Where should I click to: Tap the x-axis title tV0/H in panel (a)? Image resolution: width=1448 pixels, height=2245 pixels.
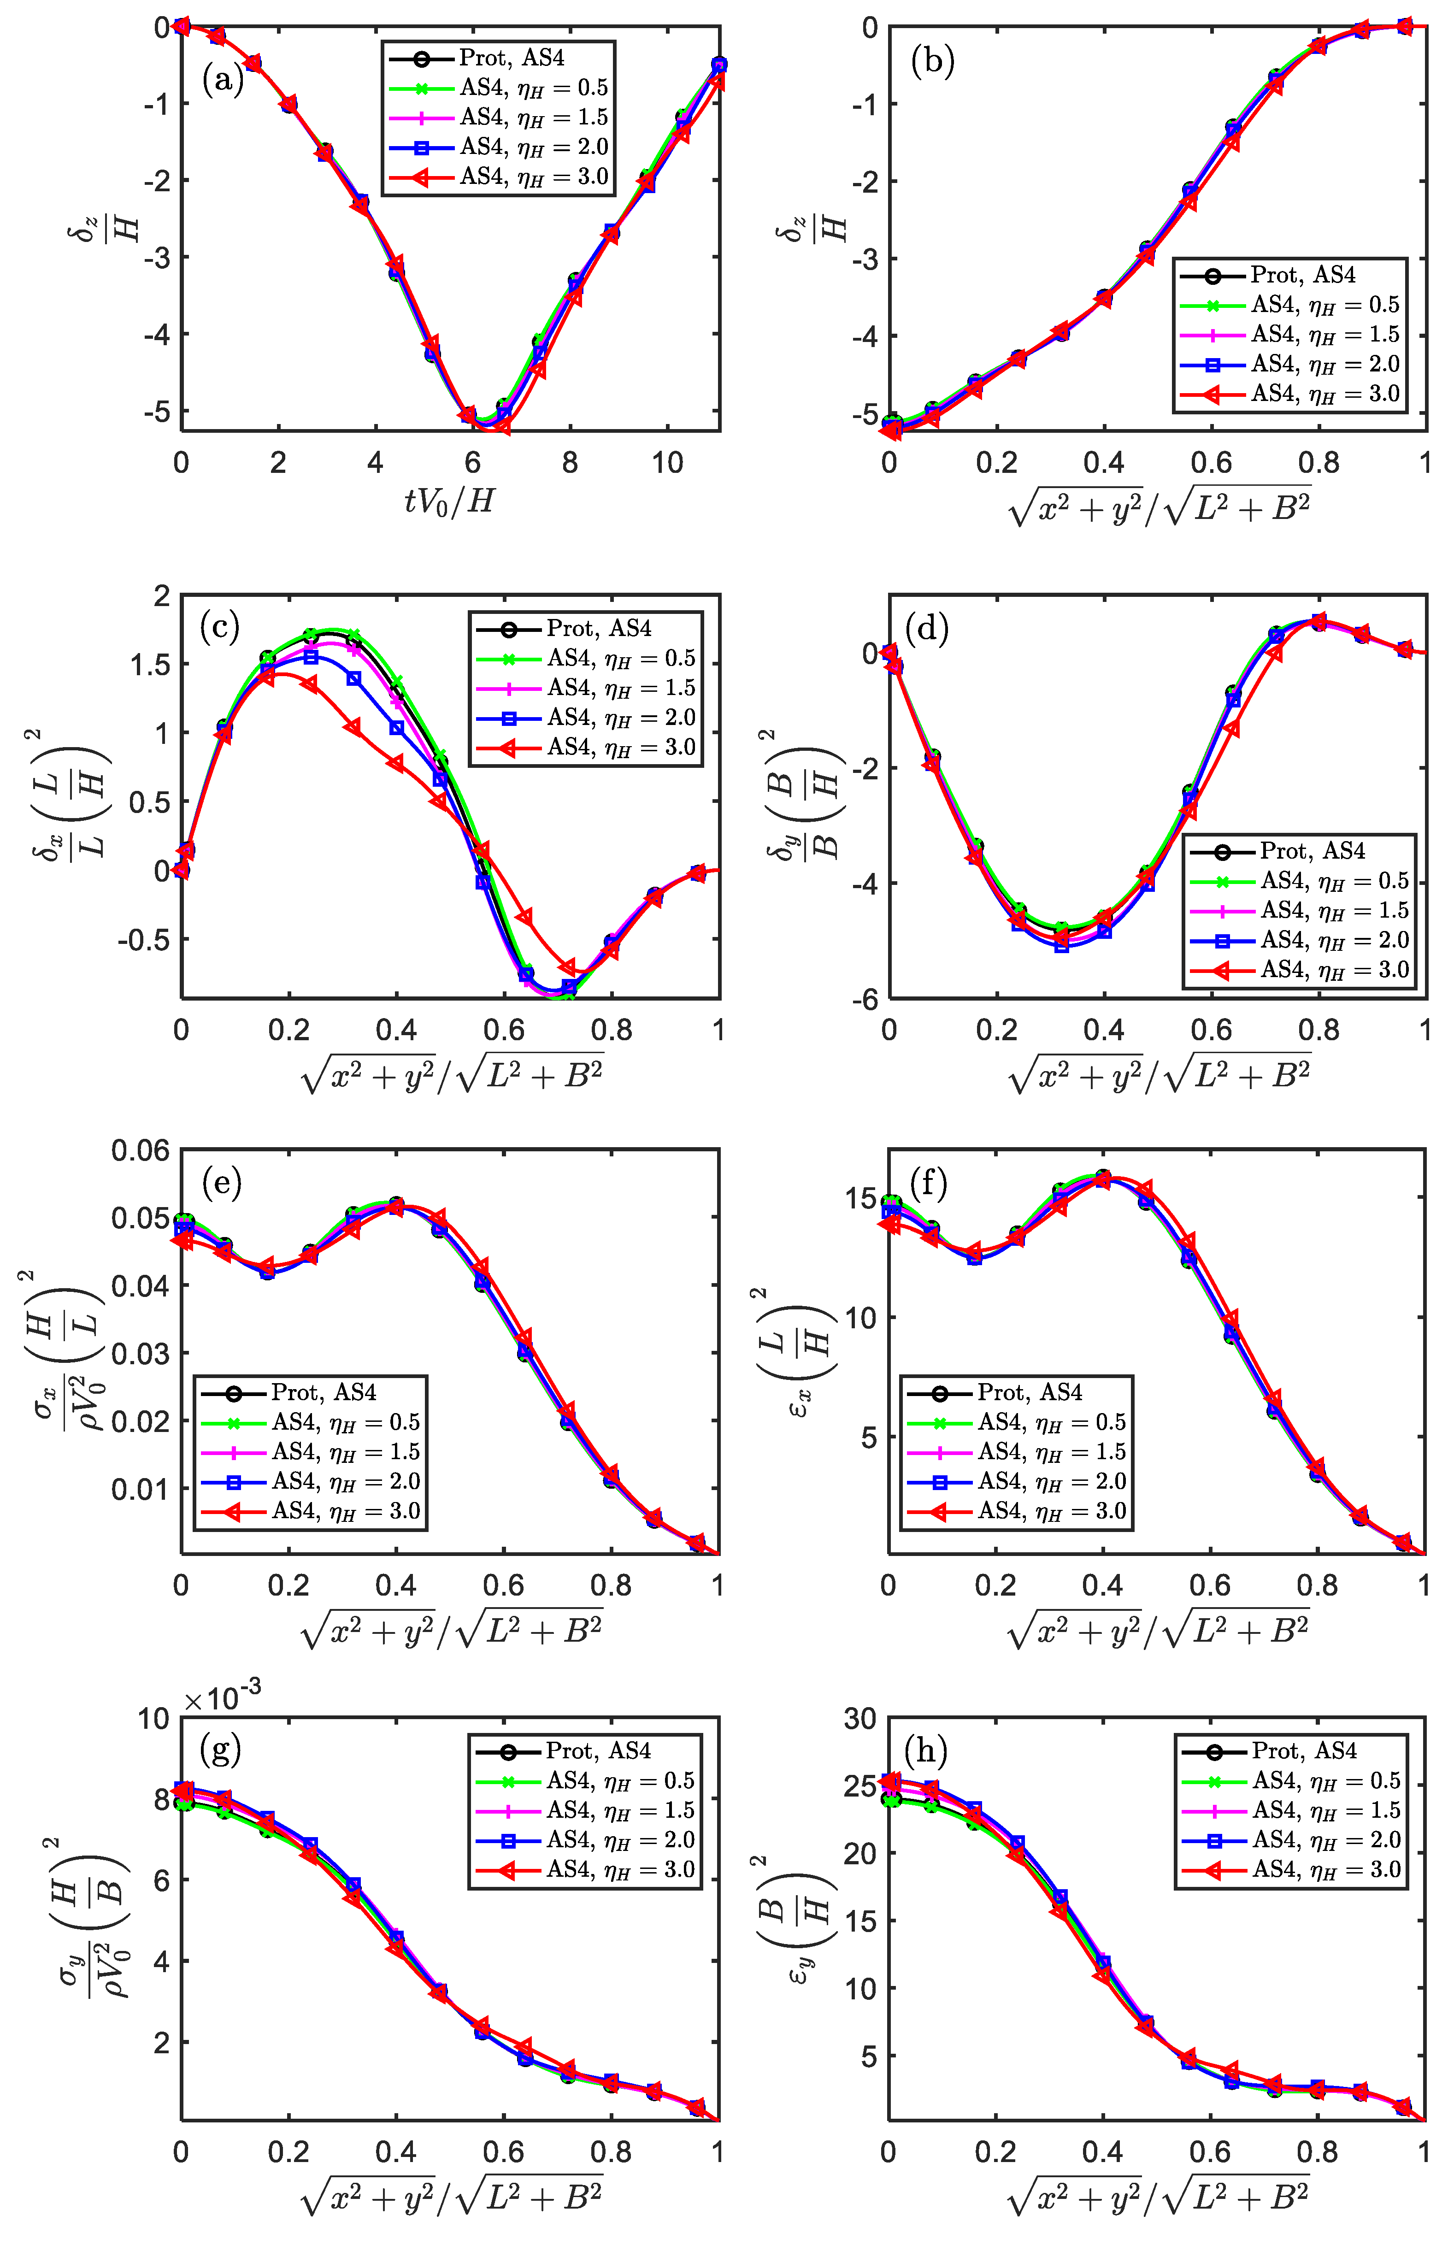point(449,502)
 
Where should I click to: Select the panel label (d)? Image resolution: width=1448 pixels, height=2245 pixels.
point(926,628)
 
